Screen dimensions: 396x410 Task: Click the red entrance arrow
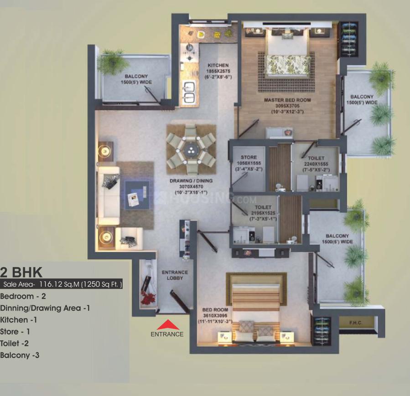pyautogui.click(x=167, y=324)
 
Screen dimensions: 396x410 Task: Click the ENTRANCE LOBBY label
pyautogui.click(x=175, y=275)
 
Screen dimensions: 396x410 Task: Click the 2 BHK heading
pyautogui.click(x=21, y=273)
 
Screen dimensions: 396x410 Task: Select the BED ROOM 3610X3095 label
pyautogui.click(x=214, y=315)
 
